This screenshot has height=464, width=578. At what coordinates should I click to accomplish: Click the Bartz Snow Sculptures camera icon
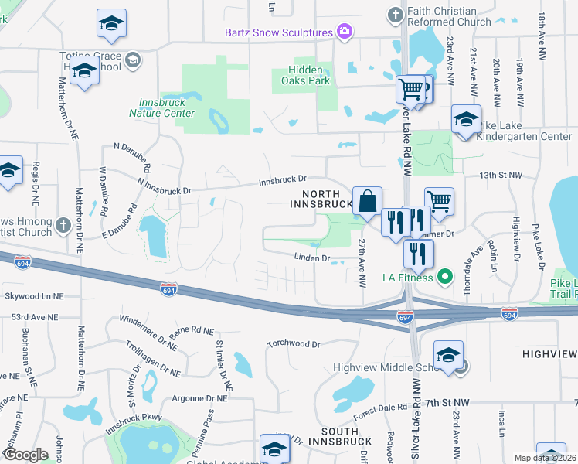345,32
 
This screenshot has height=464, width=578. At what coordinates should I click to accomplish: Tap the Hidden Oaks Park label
304,74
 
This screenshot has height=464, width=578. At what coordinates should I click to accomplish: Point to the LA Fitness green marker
444,277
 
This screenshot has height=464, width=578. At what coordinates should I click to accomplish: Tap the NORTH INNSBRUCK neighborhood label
320,199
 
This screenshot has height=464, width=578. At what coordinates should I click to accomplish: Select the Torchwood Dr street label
293,343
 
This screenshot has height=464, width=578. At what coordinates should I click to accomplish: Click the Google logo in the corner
25,455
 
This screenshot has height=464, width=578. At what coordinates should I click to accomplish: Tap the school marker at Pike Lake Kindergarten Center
466,120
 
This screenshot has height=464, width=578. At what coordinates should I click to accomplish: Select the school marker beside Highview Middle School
448,355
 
